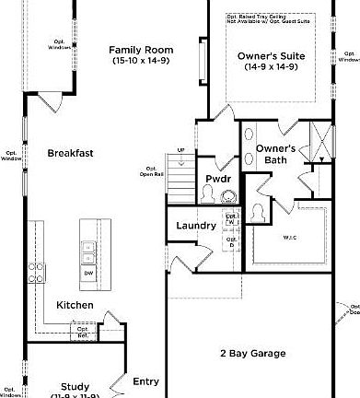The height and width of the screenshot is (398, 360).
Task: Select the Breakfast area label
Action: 70,154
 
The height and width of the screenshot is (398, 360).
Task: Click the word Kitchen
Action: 75,305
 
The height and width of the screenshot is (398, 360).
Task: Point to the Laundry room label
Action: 195,225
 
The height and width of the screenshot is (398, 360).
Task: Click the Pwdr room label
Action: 217,178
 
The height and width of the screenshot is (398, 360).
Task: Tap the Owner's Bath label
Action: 274,154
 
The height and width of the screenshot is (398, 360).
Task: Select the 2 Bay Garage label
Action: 252,353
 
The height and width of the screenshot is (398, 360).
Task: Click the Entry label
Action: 145,381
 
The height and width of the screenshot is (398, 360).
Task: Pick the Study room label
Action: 75,387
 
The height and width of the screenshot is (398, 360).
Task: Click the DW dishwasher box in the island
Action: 88,273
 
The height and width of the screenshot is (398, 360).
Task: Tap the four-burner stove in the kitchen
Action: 38,271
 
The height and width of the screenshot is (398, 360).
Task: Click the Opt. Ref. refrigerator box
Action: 83,332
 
